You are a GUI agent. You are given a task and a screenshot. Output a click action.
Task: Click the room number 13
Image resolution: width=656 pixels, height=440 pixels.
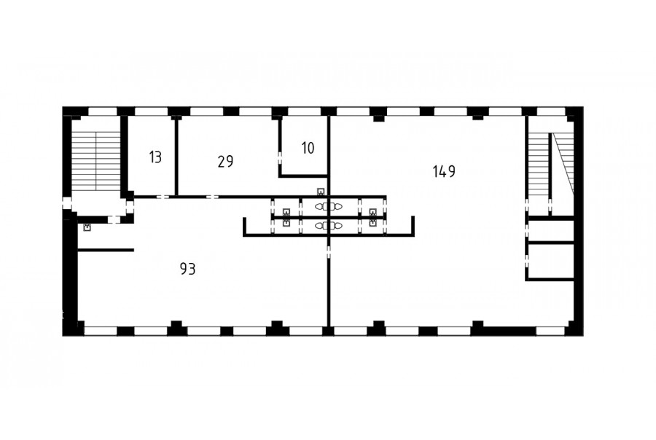(x=155, y=157)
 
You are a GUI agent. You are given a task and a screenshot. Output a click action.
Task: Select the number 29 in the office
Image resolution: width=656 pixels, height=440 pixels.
(x=225, y=162)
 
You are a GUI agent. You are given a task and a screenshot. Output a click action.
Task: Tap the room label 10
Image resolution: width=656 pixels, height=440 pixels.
(x=308, y=148)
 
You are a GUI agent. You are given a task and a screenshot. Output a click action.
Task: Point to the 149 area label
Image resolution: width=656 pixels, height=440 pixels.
(x=444, y=171)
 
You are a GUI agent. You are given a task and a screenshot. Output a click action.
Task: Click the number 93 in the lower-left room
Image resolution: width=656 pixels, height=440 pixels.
(x=188, y=269)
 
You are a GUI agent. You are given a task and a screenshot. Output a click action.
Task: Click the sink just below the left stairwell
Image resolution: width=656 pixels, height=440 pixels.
(x=87, y=228)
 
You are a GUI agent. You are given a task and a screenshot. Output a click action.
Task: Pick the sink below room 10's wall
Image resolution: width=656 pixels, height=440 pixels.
(x=321, y=192)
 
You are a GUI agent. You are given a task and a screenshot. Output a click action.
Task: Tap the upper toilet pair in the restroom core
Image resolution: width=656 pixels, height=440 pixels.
(x=329, y=206)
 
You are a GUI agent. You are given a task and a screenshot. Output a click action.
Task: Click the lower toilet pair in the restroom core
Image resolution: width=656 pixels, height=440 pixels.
(x=329, y=226)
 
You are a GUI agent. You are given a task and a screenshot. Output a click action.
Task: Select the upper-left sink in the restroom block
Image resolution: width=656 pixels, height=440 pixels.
(x=286, y=212)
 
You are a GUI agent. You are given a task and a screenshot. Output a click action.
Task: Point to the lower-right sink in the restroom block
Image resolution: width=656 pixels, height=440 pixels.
(x=372, y=223)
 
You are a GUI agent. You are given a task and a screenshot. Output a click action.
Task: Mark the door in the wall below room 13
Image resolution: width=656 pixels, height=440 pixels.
(x=163, y=197)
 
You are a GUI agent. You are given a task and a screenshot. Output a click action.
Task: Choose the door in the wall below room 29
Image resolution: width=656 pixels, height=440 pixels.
(x=213, y=197)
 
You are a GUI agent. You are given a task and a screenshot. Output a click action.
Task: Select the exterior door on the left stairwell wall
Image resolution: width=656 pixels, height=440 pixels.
(x=67, y=203)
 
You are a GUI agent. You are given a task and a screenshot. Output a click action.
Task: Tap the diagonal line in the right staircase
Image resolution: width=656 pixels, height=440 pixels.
(x=563, y=163)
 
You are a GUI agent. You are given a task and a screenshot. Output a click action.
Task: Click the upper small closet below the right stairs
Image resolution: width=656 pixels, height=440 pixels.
(x=550, y=230)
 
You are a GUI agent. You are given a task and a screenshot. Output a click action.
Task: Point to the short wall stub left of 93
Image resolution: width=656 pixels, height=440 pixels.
(x=106, y=250)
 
